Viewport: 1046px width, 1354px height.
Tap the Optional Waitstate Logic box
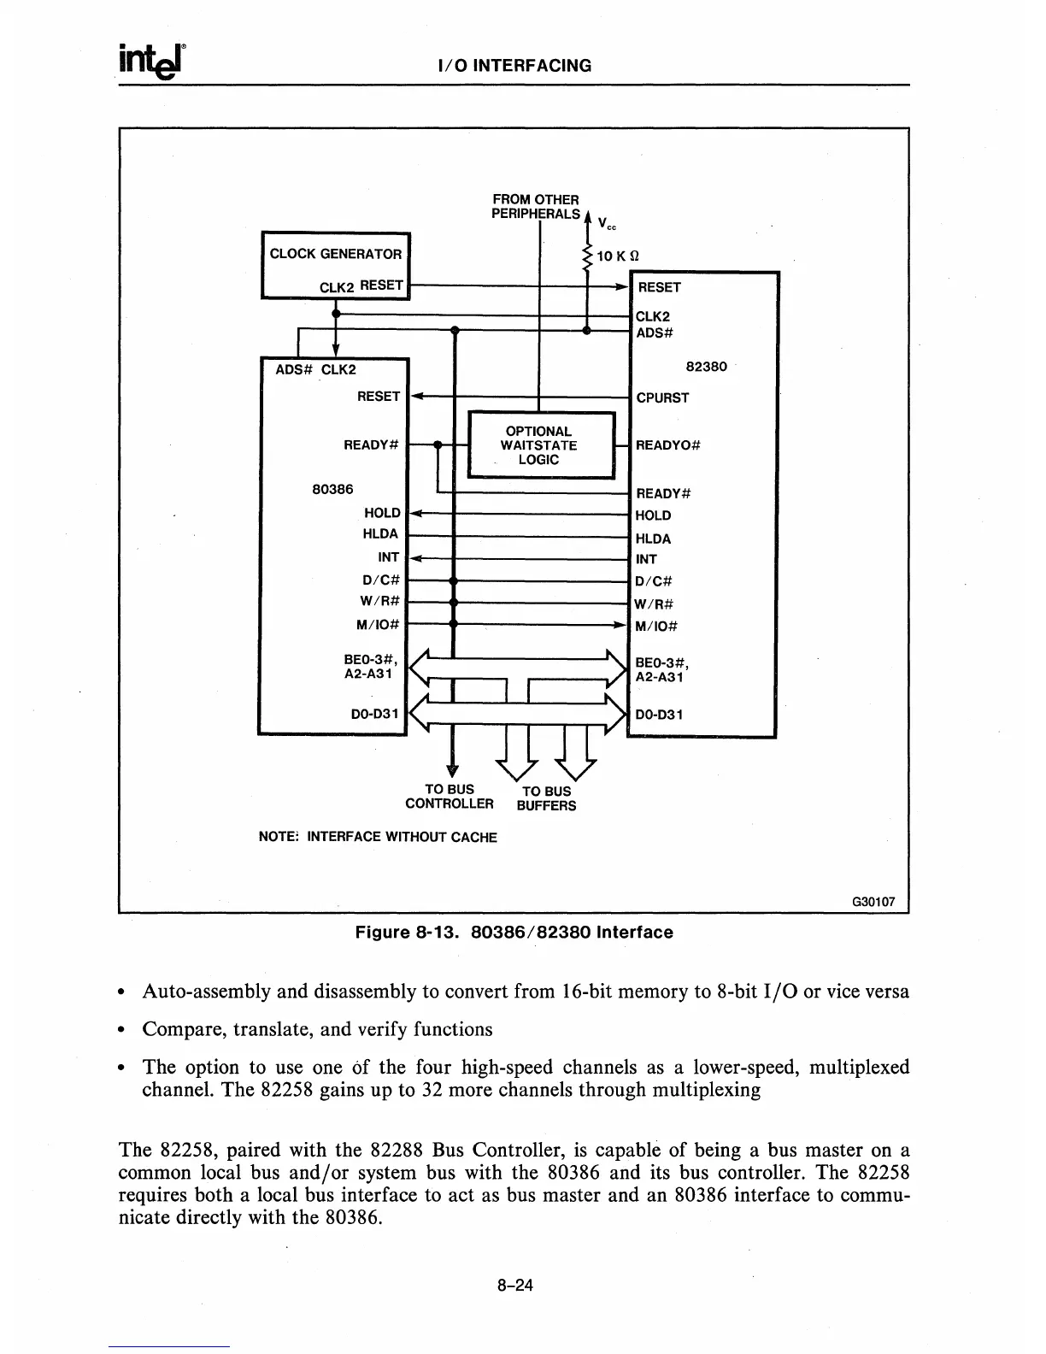point(539,445)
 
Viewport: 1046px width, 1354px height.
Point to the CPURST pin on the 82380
point(662,397)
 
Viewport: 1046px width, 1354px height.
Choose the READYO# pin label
point(668,445)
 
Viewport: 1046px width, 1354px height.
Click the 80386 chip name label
point(333,490)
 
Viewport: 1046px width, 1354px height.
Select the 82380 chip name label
point(707,367)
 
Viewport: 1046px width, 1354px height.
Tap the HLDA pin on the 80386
point(380,534)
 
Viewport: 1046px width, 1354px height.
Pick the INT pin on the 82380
point(646,560)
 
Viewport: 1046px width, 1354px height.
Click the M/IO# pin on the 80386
point(378,624)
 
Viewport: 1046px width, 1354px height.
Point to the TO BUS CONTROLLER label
point(450,797)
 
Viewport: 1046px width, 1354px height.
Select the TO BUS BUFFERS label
point(547,798)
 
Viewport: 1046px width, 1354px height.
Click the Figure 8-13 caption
point(514,933)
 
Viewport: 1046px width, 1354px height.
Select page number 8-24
point(514,1285)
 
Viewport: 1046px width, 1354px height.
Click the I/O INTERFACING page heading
point(514,66)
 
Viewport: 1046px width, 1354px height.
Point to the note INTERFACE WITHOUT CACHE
point(377,837)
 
